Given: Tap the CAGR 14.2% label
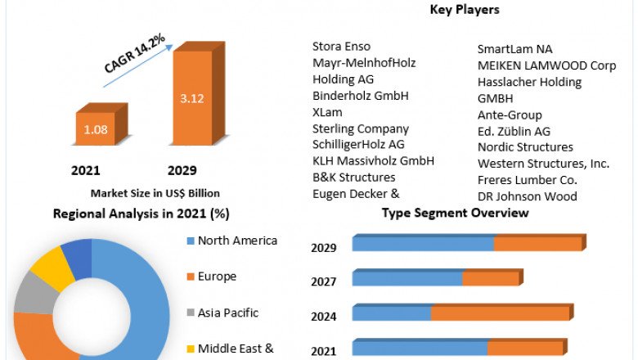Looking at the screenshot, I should [135, 53].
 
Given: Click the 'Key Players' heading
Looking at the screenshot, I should [464, 10].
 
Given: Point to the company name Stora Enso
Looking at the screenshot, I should [341, 47].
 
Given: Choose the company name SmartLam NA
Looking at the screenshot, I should [514, 49].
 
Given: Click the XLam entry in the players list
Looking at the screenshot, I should [327, 112].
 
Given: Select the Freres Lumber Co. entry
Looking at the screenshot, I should [528, 180].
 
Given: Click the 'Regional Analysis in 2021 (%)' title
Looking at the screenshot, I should [141, 214].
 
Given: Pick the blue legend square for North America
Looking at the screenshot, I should [191, 241].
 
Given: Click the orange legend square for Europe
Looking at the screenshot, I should [191, 277].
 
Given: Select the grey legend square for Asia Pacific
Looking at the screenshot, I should [191, 313].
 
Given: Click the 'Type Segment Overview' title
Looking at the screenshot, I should [455, 214].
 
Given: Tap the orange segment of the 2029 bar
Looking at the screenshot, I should [537, 244].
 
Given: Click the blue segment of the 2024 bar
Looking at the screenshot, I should [392, 313].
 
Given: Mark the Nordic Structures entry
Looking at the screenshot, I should [525, 147].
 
